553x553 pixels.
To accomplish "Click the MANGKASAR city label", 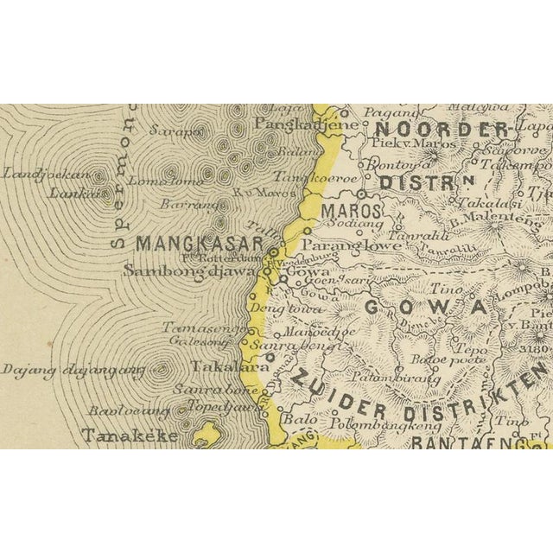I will (198, 244).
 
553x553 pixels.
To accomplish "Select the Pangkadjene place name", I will (295, 124).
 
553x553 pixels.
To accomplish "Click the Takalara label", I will (220, 366).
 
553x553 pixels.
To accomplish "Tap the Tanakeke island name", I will (130, 435).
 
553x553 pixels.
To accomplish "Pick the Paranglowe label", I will (352, 245).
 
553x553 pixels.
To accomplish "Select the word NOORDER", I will (441, 130).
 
